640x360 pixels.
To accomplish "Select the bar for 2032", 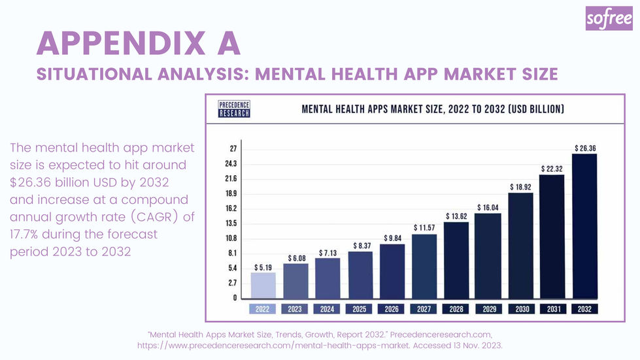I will tap(584, 225).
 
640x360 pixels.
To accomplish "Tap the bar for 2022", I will tap(263, 285).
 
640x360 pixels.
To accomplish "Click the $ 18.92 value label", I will tap(521, 186).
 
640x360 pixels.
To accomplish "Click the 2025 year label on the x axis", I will tap(360, 309).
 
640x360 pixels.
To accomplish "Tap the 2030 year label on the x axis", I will tap(520, 309).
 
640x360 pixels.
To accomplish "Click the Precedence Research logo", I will tap(234, 108).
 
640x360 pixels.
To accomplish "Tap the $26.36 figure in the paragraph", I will tap(33, 181).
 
